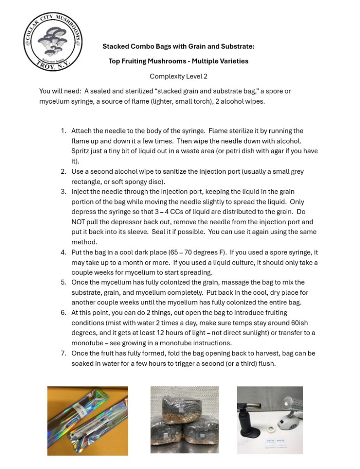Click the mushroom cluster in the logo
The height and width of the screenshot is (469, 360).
53,42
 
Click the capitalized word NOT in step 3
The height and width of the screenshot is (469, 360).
79,222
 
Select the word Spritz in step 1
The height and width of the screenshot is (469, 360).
81,151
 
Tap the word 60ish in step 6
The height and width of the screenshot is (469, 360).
305,323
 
